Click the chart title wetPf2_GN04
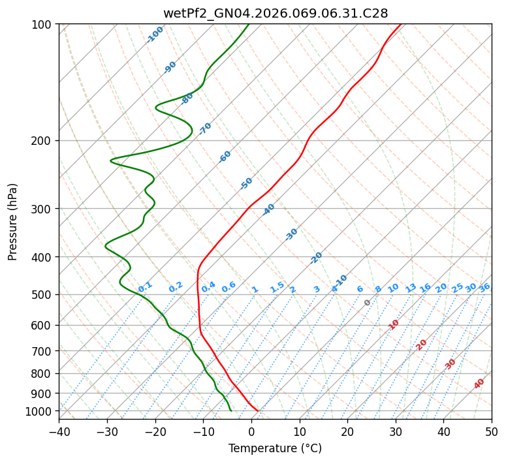275,13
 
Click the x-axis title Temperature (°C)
275,449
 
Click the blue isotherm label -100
155,34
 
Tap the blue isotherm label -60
225,157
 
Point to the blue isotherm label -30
291,234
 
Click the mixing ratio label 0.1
145,287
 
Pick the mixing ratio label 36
484,287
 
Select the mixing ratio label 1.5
277,287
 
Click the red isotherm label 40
479,384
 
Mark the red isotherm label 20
421,344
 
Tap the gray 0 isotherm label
368,303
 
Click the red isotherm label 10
394,324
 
